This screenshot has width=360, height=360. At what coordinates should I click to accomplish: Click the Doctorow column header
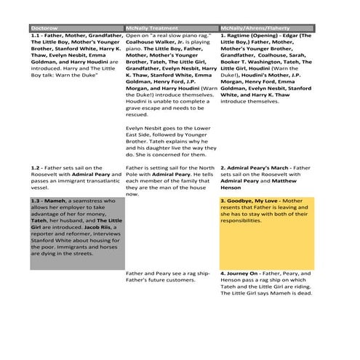click(44, 28)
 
